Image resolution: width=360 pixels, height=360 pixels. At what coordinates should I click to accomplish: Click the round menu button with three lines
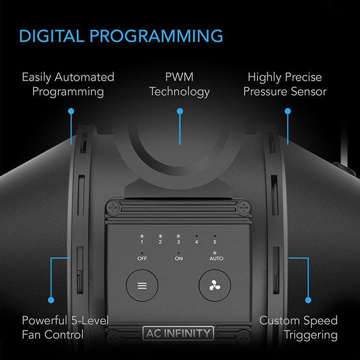click(142, 285)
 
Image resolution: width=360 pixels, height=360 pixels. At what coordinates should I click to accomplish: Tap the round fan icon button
click(214, 285)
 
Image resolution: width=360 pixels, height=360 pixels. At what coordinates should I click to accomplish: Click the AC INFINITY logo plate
click(178, 333)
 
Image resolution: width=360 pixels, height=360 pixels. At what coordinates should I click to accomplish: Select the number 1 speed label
click(142, 242)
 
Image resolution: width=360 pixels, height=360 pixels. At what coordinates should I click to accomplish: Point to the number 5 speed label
click(214, 242)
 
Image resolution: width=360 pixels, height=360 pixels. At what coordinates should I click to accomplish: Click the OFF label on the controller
click(142, 259)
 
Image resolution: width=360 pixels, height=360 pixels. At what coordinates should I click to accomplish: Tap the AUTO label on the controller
click(217, 259)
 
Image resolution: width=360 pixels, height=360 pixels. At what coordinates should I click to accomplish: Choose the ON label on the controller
click(178, 259)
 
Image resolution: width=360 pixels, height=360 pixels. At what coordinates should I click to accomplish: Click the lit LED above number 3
click(178, 236)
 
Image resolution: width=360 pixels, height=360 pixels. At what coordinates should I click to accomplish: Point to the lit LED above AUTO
click(214, 253)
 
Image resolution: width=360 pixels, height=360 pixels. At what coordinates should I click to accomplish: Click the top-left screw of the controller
click(113, 208)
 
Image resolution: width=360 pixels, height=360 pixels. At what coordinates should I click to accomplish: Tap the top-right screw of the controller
click(244, 208)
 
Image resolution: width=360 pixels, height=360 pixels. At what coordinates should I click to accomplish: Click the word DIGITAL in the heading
click(51, 36)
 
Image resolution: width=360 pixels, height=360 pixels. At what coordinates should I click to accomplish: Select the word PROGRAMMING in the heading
click(156, 36)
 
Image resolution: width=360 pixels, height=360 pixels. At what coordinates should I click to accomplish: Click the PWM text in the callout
click(179, 77)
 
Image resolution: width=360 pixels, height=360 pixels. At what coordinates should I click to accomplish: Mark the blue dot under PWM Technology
click(180, 112)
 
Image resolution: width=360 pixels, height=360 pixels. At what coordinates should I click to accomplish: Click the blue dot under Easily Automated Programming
click(71, 112)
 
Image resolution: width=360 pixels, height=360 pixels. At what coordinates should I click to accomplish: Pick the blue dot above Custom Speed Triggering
click(308, 300)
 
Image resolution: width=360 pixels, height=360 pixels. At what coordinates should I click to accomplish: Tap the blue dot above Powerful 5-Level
click(51, 300)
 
